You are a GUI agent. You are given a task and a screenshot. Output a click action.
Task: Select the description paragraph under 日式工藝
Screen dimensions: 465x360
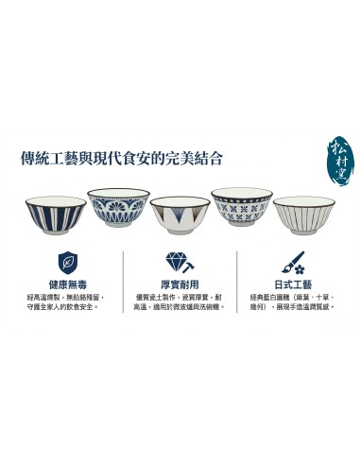click(290, 301)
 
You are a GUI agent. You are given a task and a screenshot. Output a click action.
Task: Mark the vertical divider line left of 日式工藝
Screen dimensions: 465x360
click(237, 281)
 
